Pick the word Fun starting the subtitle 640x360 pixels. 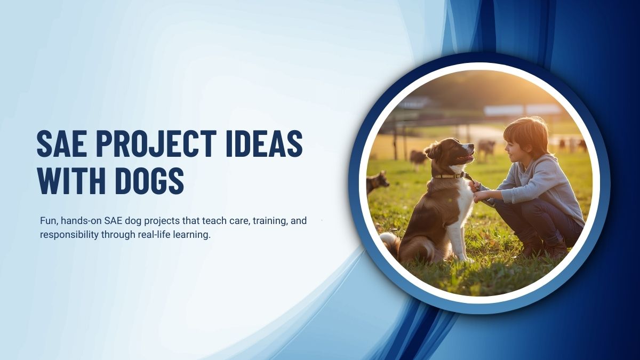click(49, 220)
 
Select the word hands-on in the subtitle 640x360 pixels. click(81, 220)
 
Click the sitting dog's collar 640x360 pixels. click(448, 175)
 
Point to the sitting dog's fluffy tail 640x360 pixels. click(390, 243)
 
